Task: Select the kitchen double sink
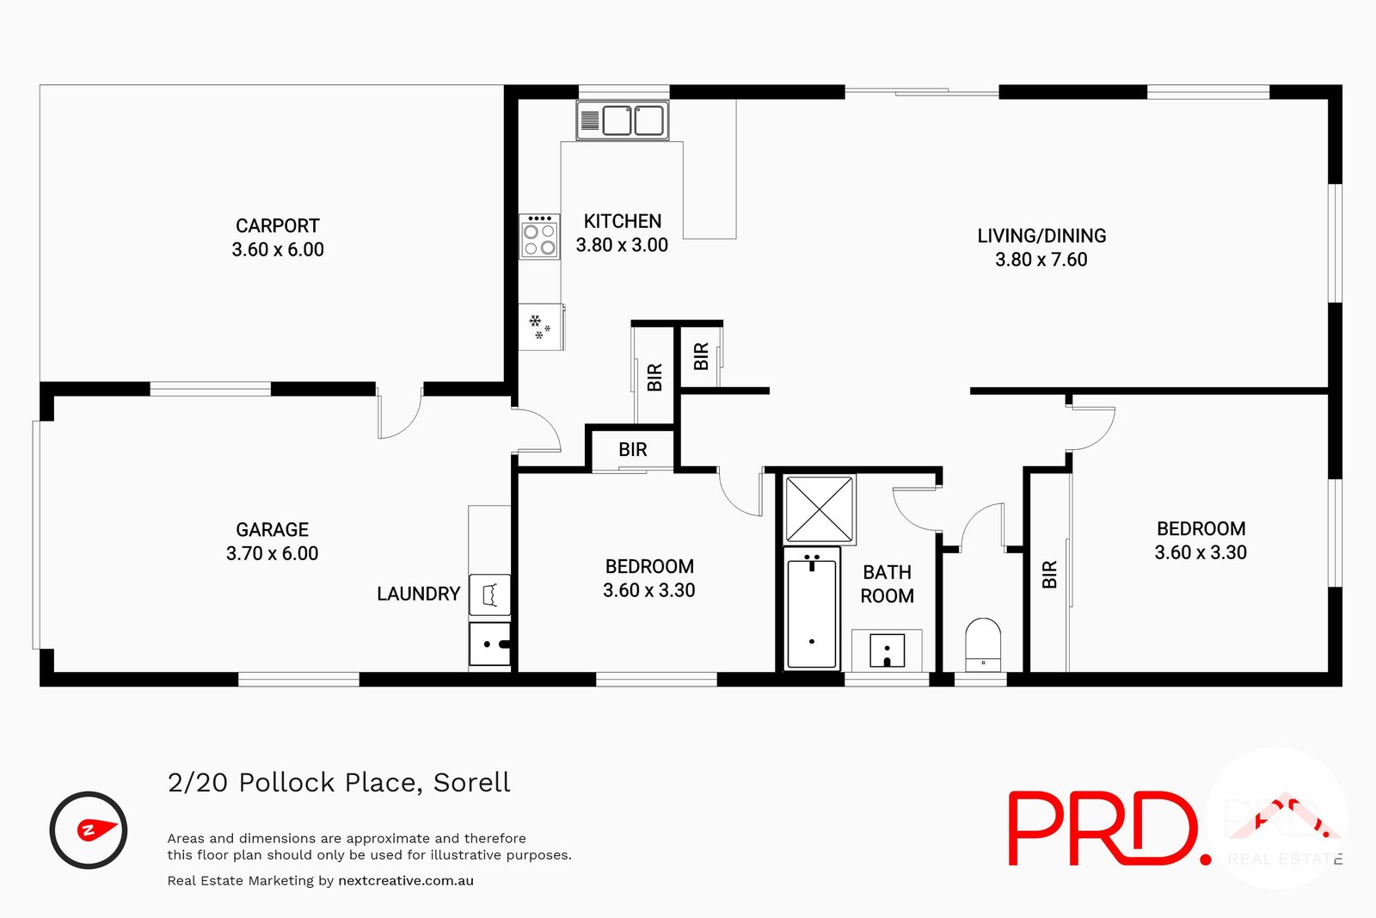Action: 622,120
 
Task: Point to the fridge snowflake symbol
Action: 540,327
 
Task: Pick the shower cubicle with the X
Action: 820,509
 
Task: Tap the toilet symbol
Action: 983,644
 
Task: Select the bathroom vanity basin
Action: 887,650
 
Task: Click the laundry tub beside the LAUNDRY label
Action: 490,595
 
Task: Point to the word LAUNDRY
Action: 419,594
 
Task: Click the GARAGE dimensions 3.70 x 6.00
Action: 273,553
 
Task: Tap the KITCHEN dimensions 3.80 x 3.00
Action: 622,245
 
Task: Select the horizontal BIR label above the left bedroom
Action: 633,449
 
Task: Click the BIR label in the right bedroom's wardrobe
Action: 1049,574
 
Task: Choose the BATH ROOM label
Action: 888,584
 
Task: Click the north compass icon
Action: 89,830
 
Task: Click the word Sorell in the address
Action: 472,782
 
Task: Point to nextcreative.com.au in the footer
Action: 406,880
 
